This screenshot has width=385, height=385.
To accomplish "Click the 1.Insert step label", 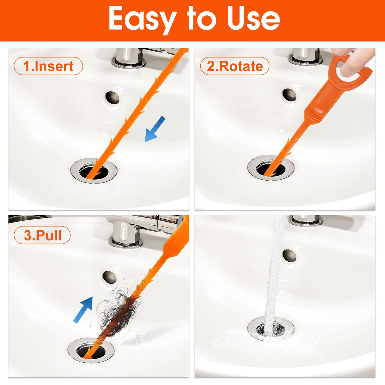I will [48, 66].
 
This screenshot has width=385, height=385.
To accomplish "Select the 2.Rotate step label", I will [234, 66].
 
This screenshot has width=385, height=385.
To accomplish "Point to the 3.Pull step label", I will [42, 235].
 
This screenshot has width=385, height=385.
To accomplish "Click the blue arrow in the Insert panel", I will [155, 129].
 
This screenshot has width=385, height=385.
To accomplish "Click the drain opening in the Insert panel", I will [94, 171].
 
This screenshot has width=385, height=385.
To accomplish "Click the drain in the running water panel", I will [271, 329].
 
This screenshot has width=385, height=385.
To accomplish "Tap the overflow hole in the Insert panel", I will [112, 97].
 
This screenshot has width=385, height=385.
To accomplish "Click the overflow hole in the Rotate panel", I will [289, 95].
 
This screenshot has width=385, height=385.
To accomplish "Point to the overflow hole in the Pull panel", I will [110, 277].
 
